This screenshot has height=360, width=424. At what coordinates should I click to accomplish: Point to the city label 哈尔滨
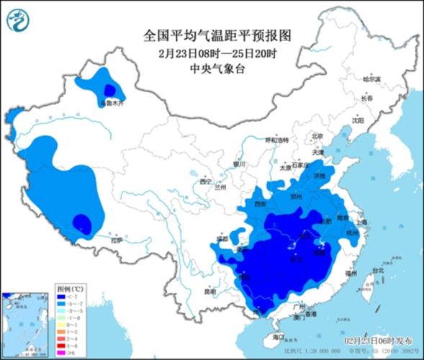coord(371,79)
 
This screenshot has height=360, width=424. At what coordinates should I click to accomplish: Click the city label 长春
coord(367,98)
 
